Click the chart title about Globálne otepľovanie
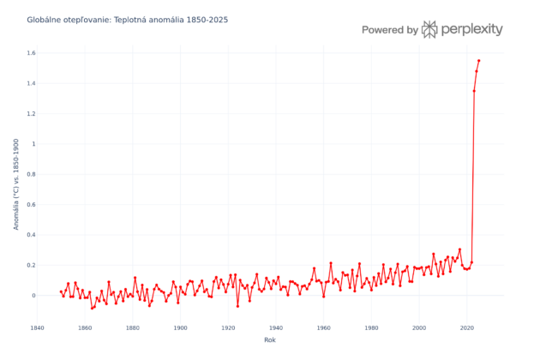(127, 19)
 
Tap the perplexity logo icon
(429, 29)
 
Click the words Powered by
(389, 30)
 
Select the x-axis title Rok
(270, 340)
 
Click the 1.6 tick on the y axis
(31, 53)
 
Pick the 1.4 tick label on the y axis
(31, 83)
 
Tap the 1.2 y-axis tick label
(31, 114)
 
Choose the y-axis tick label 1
(33, 144)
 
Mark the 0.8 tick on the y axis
(31, 174)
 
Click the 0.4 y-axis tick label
(31, 235)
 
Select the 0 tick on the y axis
(33, 296)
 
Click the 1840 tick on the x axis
(37, 327)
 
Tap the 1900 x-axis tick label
(180, 327)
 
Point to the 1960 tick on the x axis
(323, 327)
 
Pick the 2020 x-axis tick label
(466, 327)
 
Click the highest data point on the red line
(478, 61)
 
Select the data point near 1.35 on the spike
(474, 91)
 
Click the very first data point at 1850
(61, 291)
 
